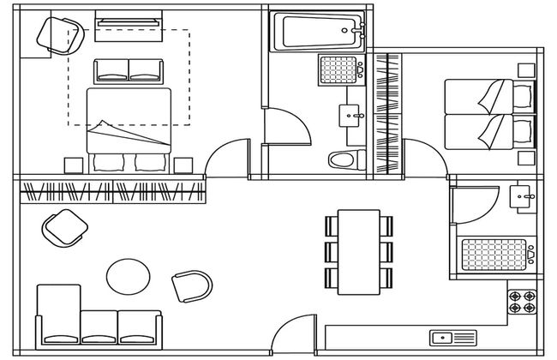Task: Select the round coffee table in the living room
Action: pos(129,277)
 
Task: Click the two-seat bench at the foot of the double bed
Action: pos(129,71)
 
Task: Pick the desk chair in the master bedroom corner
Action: pos(51,33)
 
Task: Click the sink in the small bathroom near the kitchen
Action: pos(522,197)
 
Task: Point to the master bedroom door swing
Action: pos(225,159)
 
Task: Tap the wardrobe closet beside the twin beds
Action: pos(388,116)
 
